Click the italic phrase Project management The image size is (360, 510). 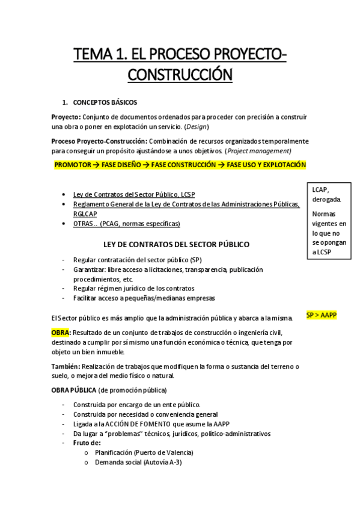pos(260,150)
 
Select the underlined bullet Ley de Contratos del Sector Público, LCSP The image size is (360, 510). pos(133,195)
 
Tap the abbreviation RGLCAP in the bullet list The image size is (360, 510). pos(85,214)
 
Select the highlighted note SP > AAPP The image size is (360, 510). pos(322,315)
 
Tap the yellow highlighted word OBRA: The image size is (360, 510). pos(61,333)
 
